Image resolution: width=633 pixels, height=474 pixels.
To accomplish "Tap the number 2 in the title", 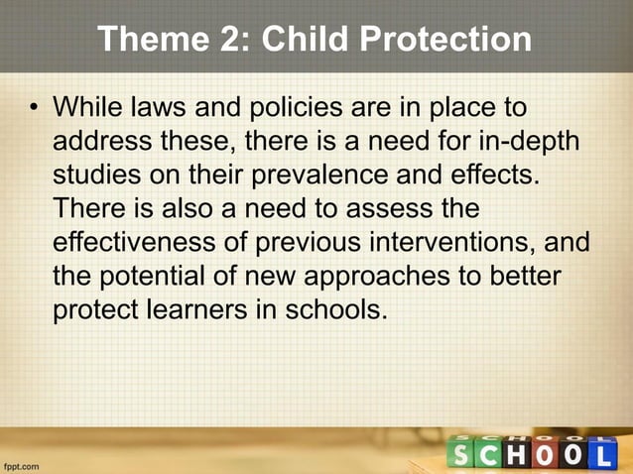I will click(236, 40).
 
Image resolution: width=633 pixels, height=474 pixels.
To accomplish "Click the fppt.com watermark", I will click(22, 463).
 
